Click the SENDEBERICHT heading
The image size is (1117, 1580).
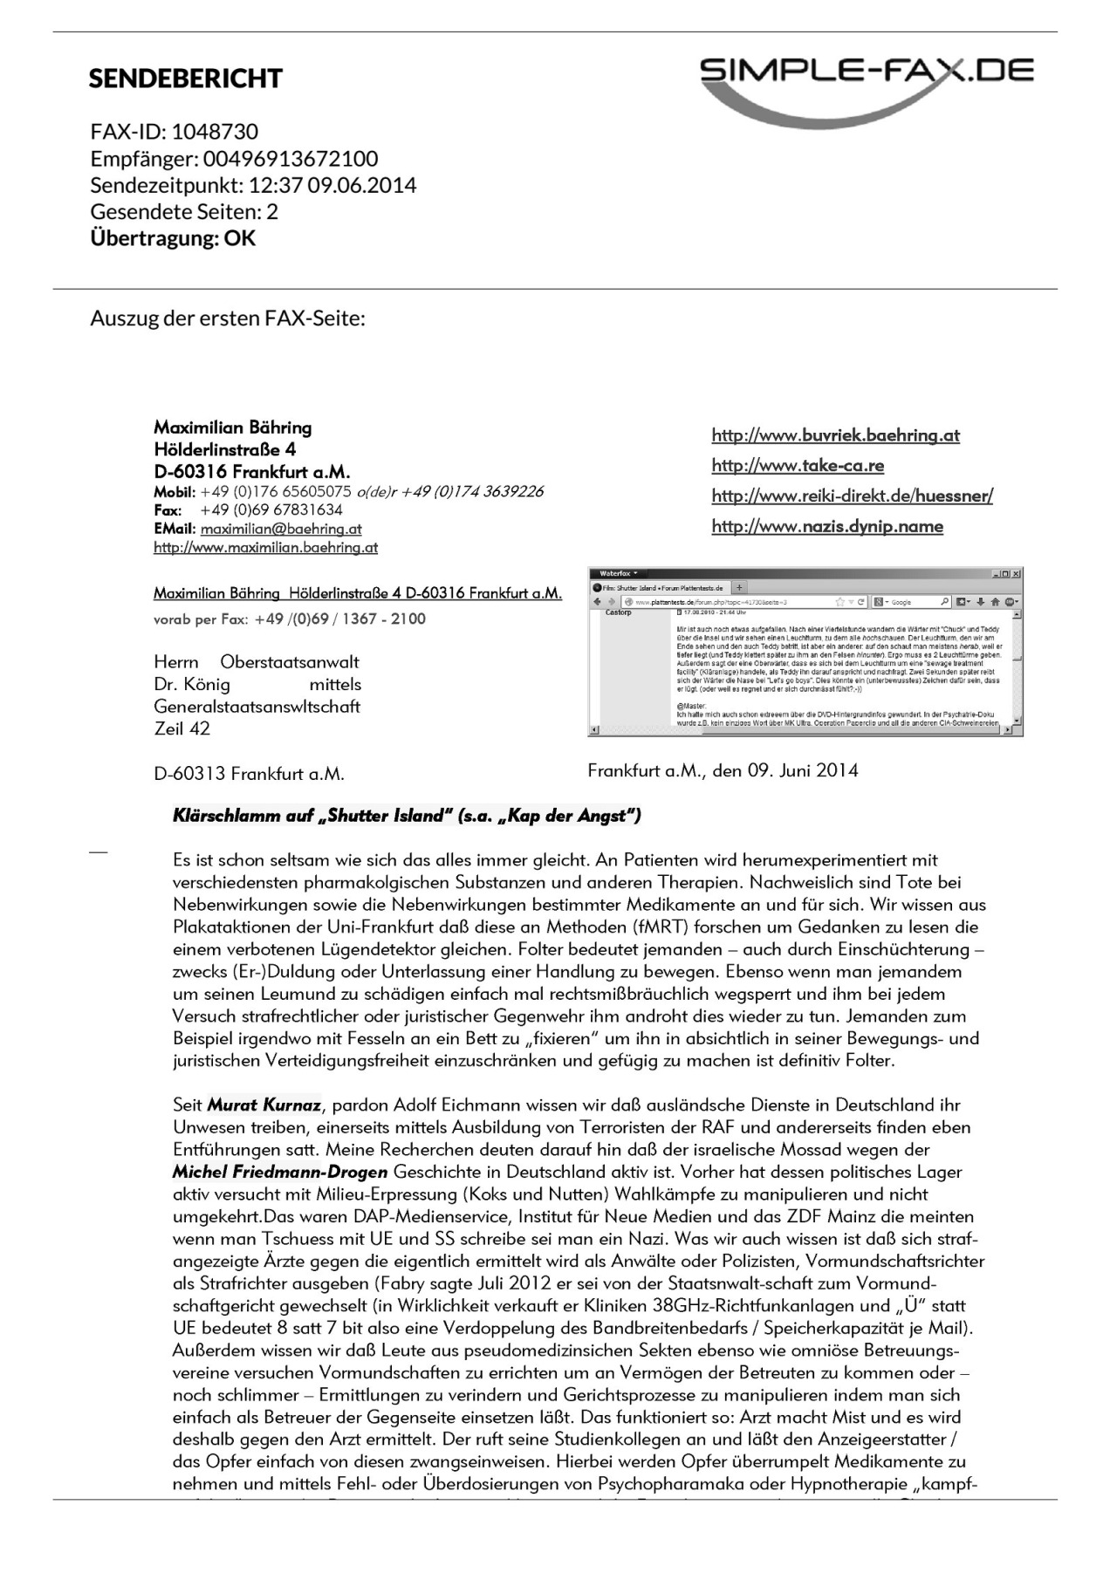185,79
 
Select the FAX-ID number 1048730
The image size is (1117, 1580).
215,132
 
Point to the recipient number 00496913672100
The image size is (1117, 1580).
291,159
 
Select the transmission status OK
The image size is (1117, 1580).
240,238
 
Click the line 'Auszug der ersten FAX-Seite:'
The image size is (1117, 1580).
227,318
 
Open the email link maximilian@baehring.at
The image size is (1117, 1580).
280,529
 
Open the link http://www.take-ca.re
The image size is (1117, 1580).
798,465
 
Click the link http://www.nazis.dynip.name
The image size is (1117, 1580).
827,526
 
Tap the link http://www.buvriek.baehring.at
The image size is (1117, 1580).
835,435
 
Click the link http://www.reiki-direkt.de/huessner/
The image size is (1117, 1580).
852,496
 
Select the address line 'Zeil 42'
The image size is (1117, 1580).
182,728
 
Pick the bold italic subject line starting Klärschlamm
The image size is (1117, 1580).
407,816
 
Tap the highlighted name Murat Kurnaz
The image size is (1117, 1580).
264,1105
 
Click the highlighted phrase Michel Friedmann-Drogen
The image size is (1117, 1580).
279,1172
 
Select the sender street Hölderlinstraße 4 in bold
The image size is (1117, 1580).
224,449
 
